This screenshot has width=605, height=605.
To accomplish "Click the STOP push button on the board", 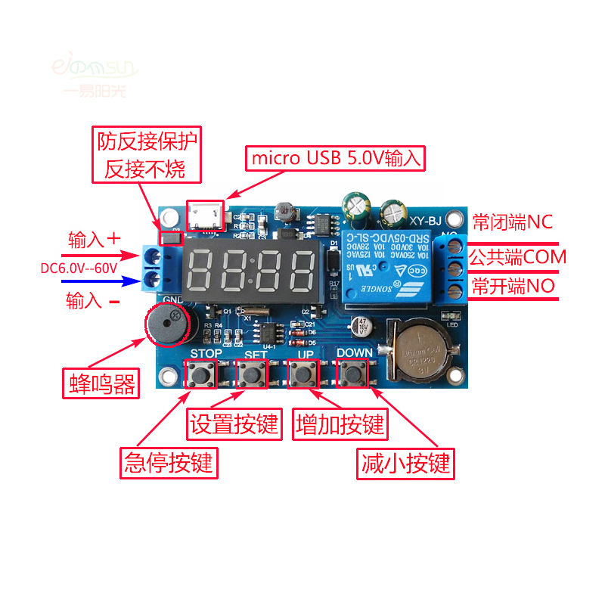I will pos(201,374).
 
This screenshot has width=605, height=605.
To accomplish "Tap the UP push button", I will pos(304,373).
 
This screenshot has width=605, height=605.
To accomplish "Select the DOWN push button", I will pos(352,373).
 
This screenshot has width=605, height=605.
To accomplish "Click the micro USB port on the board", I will pos(206,217).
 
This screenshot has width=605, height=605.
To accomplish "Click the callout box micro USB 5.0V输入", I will pos(336,159).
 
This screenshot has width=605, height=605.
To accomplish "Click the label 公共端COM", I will pos(518,257).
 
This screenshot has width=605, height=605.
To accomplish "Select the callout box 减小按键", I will pos(406,461).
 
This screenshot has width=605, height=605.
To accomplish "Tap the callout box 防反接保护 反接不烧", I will pos(147,154).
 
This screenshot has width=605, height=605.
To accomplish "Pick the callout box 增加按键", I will pos(341,424).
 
